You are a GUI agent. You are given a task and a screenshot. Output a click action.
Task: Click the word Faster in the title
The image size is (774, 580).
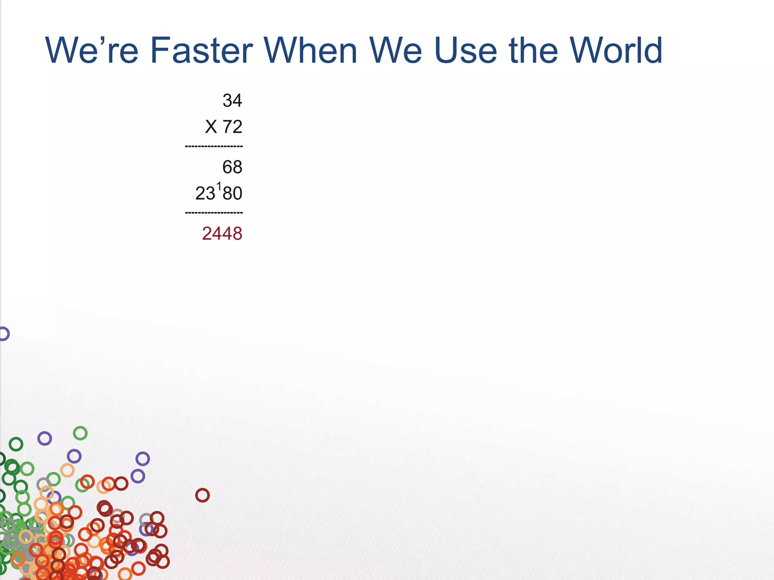click(x=201, y=51)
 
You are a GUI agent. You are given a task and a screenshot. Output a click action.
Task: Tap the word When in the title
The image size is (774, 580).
click(x=310, y=51)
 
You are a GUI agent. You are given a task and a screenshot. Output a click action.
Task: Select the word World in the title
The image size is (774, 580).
click(x=616, y=51)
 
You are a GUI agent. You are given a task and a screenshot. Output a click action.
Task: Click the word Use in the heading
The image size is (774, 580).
click(x=465, y=51)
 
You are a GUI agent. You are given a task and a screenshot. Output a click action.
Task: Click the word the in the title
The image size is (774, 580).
click(x=533, y=51)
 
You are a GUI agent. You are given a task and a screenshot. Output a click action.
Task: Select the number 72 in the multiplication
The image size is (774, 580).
click(x=232, y=127)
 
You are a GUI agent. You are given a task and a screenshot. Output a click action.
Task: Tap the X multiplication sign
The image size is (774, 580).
click(x=211, y=127)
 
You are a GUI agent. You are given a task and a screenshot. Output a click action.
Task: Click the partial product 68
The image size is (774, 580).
click(x=232, y=167)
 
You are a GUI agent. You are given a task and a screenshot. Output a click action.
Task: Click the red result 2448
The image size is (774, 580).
click(x=222, y=234)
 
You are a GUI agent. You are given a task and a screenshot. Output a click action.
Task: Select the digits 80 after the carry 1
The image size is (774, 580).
click(x=232, y=193)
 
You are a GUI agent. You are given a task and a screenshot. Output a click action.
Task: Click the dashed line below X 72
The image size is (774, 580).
click(x=214, y=146)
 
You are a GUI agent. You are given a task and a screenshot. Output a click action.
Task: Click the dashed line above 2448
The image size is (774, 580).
click(x=214, y=213)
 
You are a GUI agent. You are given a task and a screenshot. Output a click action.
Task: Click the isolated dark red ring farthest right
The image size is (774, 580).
click(x=202, y=495)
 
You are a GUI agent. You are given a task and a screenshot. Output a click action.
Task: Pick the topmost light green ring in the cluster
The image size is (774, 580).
click(x=80, y=433)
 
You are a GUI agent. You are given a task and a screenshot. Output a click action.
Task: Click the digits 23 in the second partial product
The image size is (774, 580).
click(x=205, y=193)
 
